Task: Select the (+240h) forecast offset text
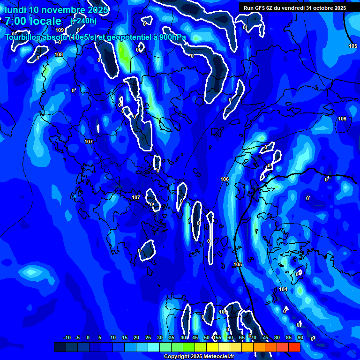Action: click(83, 21)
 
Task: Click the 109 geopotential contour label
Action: click(60, 30)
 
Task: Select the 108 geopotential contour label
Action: click(59, 55)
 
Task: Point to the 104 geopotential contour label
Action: click(283, 290)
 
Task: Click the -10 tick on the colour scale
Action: click(67, 337)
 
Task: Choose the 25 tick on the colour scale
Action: click(148, 337)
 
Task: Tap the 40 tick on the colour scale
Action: click(183, 337)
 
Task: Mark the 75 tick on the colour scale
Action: click(265, 337)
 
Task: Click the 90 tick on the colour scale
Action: click(300, 337)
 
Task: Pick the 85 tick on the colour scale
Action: click(288, 337)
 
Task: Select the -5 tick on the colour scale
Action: click(77, 337)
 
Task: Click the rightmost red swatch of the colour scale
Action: click(294, 347)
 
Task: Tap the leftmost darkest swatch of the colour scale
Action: click(60, 347)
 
